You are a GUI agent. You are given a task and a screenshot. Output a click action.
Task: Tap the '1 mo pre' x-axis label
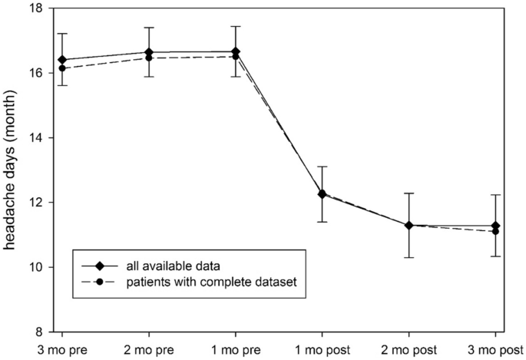point(235,348)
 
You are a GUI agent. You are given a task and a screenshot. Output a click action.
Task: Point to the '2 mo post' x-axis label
point(409,348)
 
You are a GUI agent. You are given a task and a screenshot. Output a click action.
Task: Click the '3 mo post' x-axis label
point(495,348)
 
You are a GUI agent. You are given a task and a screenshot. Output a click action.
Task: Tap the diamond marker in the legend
point(100,266)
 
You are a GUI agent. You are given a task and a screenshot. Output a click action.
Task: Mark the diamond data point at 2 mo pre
point(149,52)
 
